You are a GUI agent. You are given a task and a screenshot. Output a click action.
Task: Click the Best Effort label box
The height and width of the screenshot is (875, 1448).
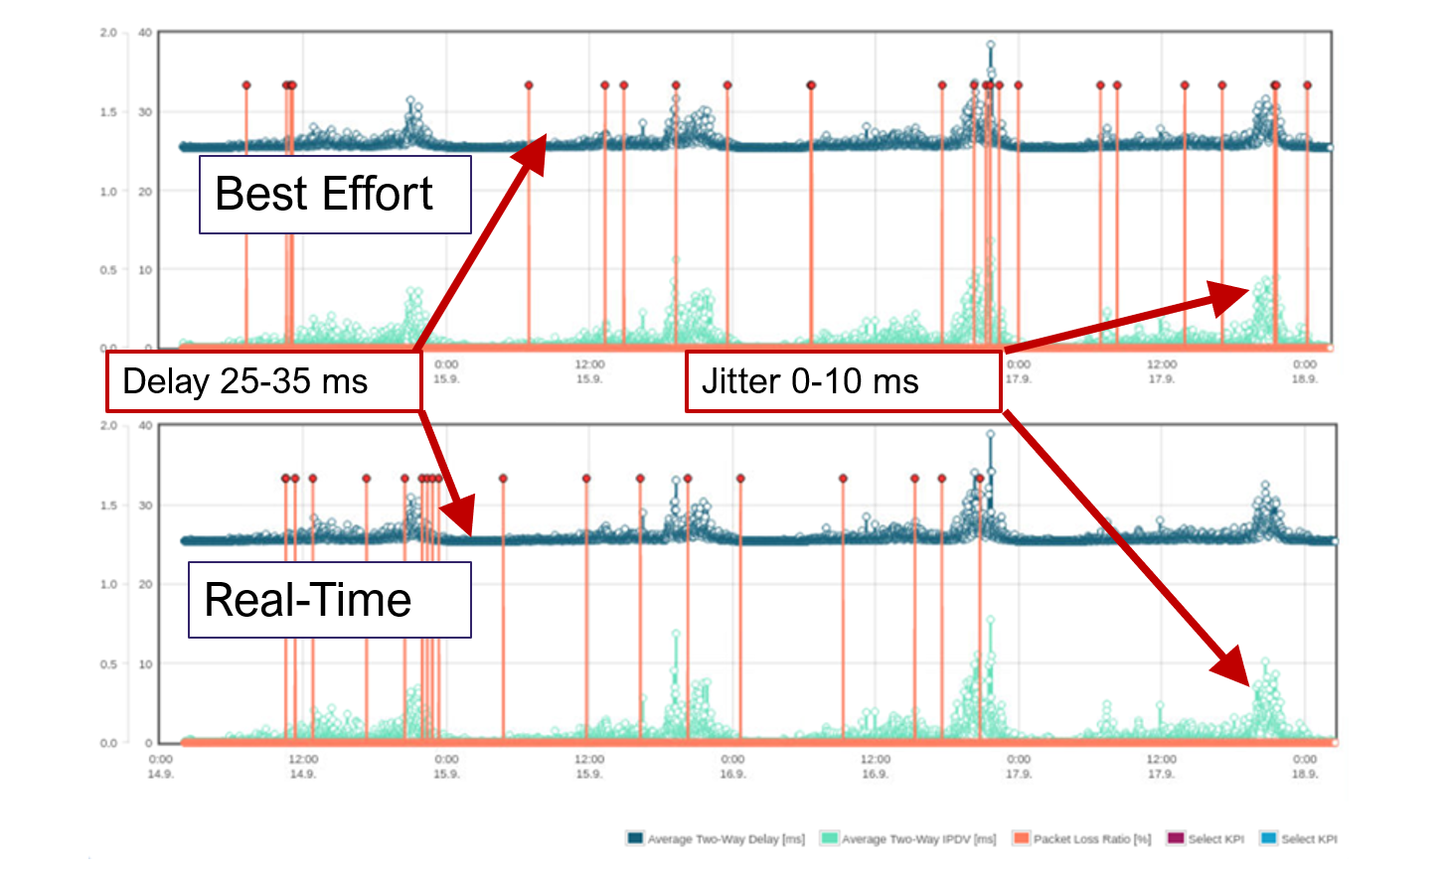(335, 195)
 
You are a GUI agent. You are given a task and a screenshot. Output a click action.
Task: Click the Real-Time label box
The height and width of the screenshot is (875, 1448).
(329, 600)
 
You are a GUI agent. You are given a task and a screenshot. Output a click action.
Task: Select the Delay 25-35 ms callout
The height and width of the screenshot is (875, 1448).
(263, 381)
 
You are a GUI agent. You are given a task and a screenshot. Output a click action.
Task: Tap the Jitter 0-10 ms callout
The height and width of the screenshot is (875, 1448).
(842, 381)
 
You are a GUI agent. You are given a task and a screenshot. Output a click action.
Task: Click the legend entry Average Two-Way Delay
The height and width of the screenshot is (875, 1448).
(716, 838)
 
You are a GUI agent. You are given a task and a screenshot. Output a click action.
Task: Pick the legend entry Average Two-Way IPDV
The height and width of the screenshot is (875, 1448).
(908, 838)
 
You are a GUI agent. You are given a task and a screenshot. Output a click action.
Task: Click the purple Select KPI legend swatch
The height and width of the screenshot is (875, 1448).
(1176, 838)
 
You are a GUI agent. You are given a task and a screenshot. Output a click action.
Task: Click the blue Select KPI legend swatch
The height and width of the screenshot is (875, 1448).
(1268, 838)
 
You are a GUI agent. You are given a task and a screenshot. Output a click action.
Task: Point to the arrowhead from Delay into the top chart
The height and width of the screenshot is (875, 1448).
(535, 153)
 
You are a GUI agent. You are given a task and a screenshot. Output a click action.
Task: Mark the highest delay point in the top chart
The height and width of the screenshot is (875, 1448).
(990, 45)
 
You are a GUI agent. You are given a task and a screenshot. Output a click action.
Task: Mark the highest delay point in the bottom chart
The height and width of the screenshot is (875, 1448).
(990, 434)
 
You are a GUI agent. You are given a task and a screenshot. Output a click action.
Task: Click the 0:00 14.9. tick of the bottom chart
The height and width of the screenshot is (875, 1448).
(160, 766)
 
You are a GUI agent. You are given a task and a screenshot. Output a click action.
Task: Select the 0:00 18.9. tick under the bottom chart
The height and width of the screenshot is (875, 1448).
(1304, 766)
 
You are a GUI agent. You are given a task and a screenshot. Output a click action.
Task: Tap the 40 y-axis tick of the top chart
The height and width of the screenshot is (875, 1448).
(145, 33)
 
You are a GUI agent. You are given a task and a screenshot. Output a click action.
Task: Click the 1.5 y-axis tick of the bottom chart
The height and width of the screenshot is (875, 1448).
(108, 506)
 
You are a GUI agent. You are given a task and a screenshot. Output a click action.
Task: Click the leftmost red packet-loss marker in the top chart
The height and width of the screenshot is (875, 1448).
(246, 85)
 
